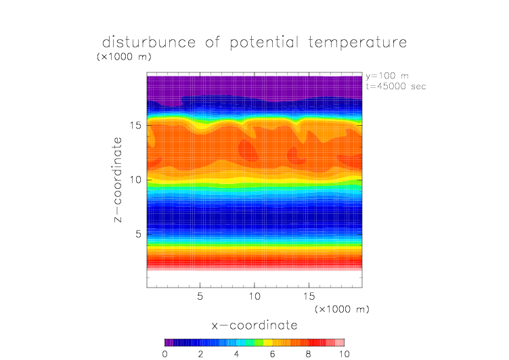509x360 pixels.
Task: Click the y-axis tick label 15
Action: (135, 125)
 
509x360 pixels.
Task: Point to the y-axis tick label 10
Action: (135, 179)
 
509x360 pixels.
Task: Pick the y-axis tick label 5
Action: (138, 234)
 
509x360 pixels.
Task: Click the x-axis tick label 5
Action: (200, 296)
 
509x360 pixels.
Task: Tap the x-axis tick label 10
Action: (255, 296)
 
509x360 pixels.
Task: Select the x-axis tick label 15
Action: (309, 296)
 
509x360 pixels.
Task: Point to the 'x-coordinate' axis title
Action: (255, 325)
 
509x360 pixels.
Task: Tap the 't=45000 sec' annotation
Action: (395, 86)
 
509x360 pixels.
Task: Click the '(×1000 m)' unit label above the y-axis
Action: (125, 57)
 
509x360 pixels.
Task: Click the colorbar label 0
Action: (165, 353)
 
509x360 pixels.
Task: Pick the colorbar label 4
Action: (237, 353)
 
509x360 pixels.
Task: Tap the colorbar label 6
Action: (273, 353)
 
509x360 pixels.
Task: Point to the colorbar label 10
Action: (344, 353)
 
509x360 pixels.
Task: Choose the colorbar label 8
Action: (309, 353)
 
